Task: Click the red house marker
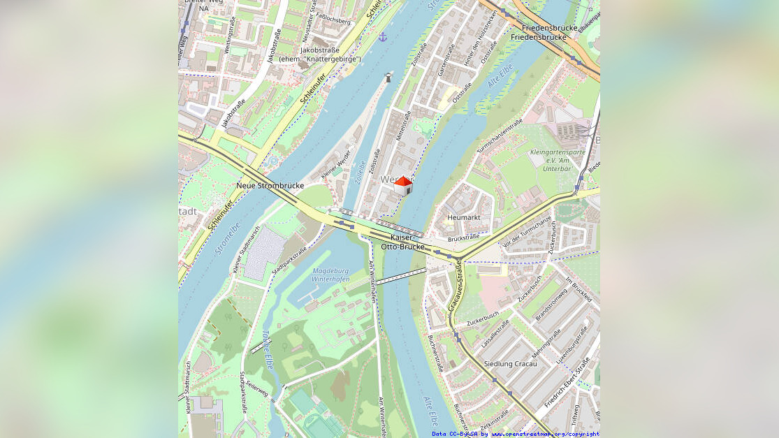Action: (x=403, y=186)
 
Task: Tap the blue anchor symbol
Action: (x=383, y=36)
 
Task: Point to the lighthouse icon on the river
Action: (x=388, y=77)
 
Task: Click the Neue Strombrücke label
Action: (x=270, y=185)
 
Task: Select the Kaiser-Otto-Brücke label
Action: (x=402, y=242)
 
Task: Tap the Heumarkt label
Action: (x=464, y=217)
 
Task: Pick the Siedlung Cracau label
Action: (x=511, y=363)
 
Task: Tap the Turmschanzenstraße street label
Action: (x=500, y=136)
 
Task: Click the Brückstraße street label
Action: (x=463, y=238)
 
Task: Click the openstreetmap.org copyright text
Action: (x=545, y=434)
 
